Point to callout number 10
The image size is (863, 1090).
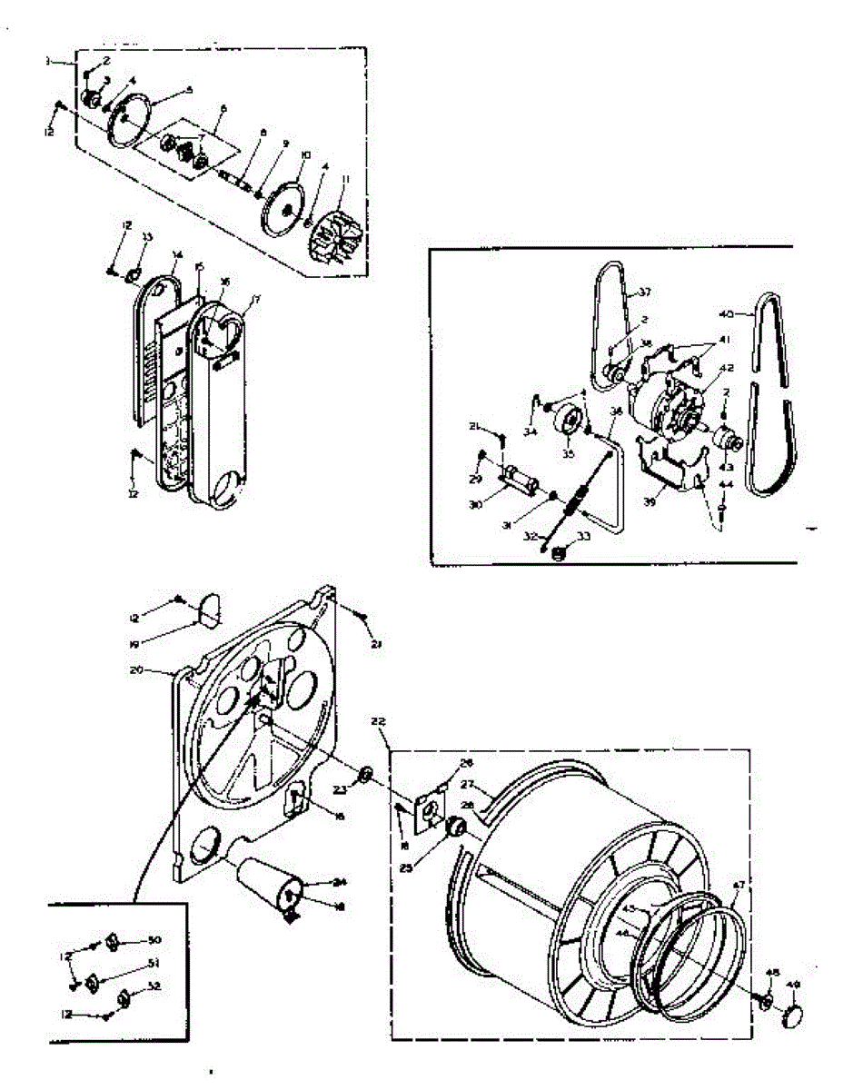coord(305,155)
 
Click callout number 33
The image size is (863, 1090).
coord(582,536)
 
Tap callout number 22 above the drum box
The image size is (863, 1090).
coord(379,720)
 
